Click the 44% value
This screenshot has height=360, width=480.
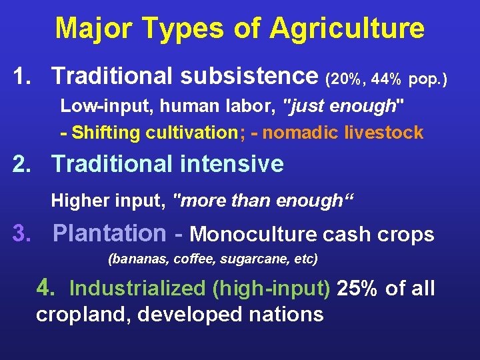click(386, 80)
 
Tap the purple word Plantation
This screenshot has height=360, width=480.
click(109, 233)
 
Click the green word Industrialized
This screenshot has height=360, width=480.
click(139, 288)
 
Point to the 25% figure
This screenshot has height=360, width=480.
click(360, 288)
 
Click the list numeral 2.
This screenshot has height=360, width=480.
click(21, 163)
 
